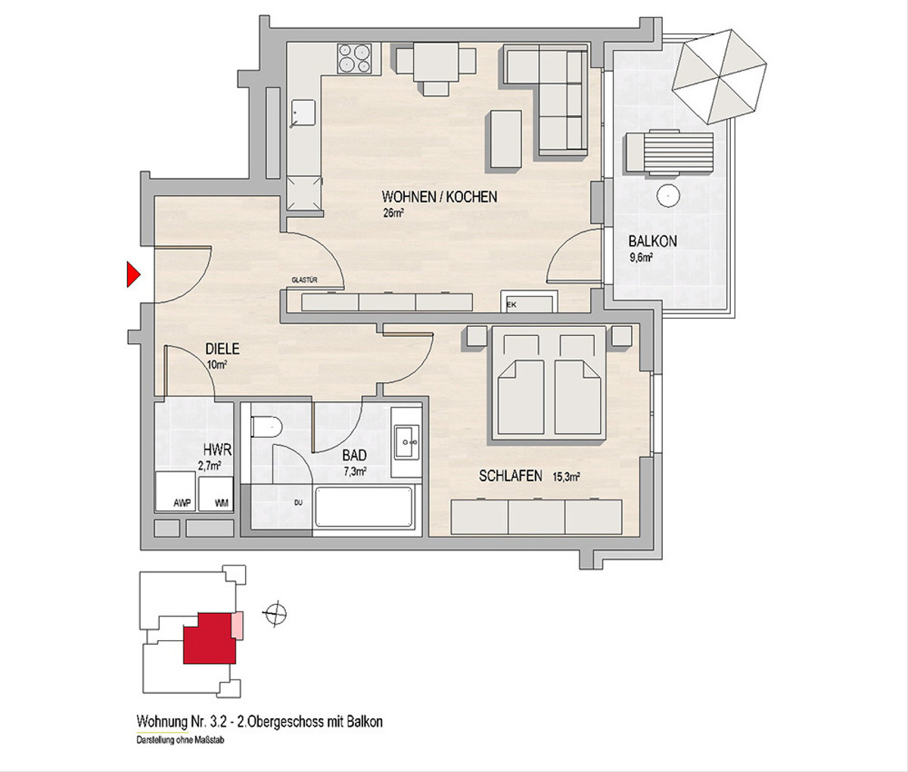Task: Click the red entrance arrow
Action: click(133, 274)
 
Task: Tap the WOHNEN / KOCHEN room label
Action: click(440, 196)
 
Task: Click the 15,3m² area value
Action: click(566, 476)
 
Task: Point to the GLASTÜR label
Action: click(304, 279)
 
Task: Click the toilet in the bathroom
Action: click(266, 427)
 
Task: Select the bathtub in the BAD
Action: click(364, 506)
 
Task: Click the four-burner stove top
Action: click(354, 59)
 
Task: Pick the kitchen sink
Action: click(303, 114)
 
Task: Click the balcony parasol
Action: click(719, 76)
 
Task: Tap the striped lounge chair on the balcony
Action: click(670, 152)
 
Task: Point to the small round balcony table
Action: click(669, 195)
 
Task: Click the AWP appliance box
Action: click(176, 491)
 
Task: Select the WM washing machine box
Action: click(216, 493)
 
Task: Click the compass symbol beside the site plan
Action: click(275, 613)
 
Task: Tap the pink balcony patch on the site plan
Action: click(237, 625)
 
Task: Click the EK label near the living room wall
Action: click(512, 305)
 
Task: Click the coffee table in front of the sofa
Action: click(506, 139)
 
